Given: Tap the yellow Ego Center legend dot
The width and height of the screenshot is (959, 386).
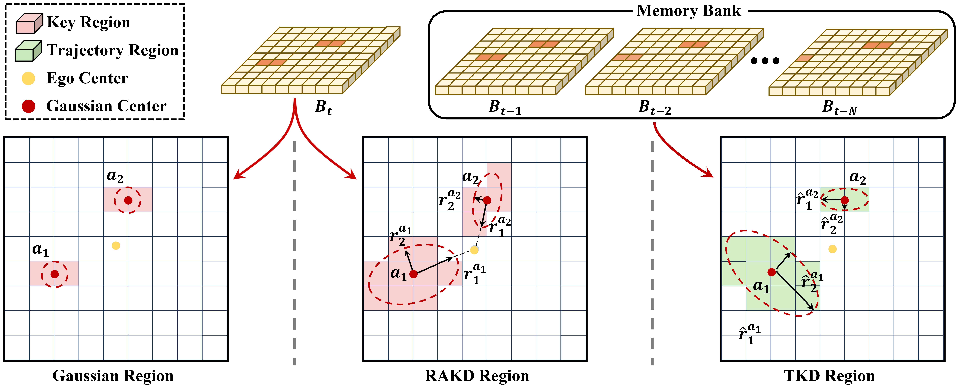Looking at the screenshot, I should pos(28,78).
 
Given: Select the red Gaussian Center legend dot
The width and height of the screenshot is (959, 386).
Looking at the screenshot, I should pos(28,106).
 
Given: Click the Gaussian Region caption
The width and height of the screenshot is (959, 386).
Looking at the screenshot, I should pos(113,376).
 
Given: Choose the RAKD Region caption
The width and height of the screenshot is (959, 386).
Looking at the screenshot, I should pos(477,376).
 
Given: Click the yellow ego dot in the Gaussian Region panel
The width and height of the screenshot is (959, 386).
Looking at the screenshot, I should pos(116,246).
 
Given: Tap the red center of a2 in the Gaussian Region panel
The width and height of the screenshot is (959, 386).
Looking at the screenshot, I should pos(128,200).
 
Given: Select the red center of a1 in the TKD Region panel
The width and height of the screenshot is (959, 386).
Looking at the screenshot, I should pos(771,272).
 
